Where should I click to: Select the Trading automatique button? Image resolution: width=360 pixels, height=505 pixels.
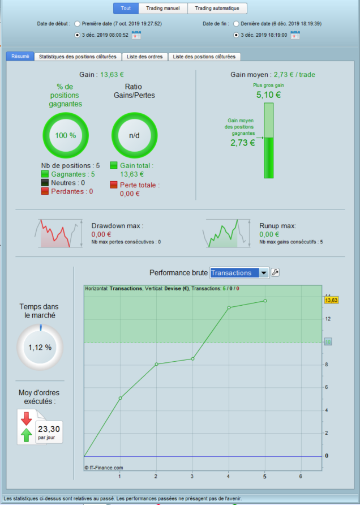coord(217,8)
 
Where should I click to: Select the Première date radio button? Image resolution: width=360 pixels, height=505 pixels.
coord(77,24)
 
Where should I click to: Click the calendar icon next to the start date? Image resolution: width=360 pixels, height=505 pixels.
coord(136,35)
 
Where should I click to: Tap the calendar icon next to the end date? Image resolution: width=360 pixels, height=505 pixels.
coord(295,35)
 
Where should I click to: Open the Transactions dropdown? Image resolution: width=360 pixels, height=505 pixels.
coord(239,273)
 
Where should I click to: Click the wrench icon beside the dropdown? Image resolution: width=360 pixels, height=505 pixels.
coord(275,272)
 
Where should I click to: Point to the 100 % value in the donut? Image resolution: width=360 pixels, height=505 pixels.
coord(66,135)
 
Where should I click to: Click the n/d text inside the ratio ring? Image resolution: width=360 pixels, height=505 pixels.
coord(134,135)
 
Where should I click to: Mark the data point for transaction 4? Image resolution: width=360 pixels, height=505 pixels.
coord(229,307)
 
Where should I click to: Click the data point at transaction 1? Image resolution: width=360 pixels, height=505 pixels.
coord(120,398)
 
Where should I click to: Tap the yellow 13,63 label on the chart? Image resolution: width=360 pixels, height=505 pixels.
coord(331,301)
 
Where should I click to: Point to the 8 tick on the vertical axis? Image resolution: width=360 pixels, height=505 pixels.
coord(327,365)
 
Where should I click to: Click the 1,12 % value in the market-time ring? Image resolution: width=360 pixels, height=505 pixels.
coord(40,347)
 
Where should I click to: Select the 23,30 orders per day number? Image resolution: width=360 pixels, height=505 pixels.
coord(49,429)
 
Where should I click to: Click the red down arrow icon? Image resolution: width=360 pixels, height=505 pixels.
coord(26,419)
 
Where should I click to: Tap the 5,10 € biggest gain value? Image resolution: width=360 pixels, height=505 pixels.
coord(268,95)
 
